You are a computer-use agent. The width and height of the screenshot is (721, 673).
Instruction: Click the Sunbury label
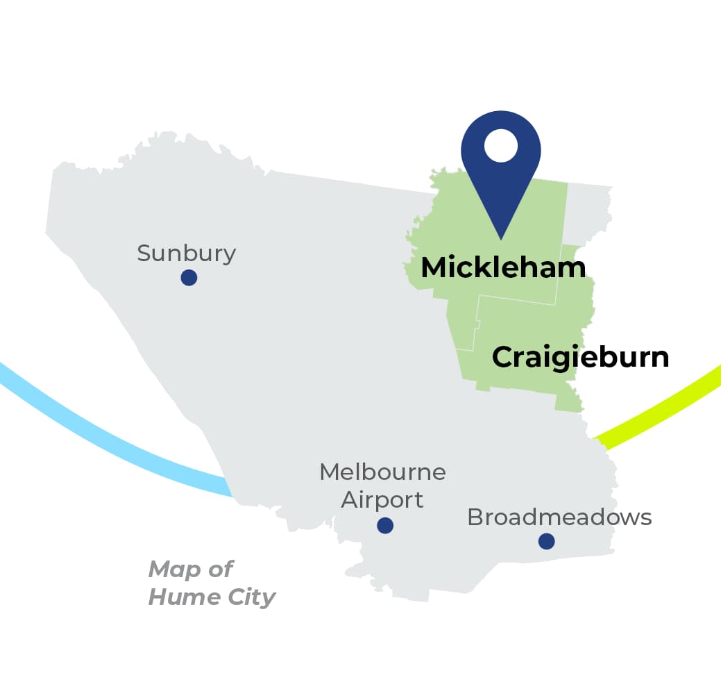(x=186, y=254)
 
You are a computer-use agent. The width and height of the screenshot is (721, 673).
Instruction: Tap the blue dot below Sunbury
(x=189, y=278)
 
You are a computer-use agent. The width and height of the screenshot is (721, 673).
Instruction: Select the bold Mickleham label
(x=503, y=267)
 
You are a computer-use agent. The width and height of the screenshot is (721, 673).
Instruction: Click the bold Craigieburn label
(x=580, y=357)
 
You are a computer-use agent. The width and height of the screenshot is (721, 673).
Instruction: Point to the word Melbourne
(x=382, y=472)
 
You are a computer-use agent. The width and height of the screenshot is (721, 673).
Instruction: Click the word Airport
(x=382, y=499)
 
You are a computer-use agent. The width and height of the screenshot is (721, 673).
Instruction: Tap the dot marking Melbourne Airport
(x=385, y=525)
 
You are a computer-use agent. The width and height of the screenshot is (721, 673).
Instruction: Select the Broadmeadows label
(x=559, y=517)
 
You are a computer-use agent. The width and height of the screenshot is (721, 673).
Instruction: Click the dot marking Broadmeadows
(x=547, y=541)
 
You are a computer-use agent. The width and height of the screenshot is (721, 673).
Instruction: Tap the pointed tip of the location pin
(x=501, y=238)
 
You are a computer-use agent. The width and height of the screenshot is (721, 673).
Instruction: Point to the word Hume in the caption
(x=180, y=597)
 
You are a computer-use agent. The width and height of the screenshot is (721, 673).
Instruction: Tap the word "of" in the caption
(x=220, y=570)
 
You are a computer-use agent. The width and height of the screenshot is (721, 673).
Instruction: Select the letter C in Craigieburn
(x=504, y=357)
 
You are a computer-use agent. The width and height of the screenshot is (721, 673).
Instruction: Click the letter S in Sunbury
(x=144, y=254)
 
